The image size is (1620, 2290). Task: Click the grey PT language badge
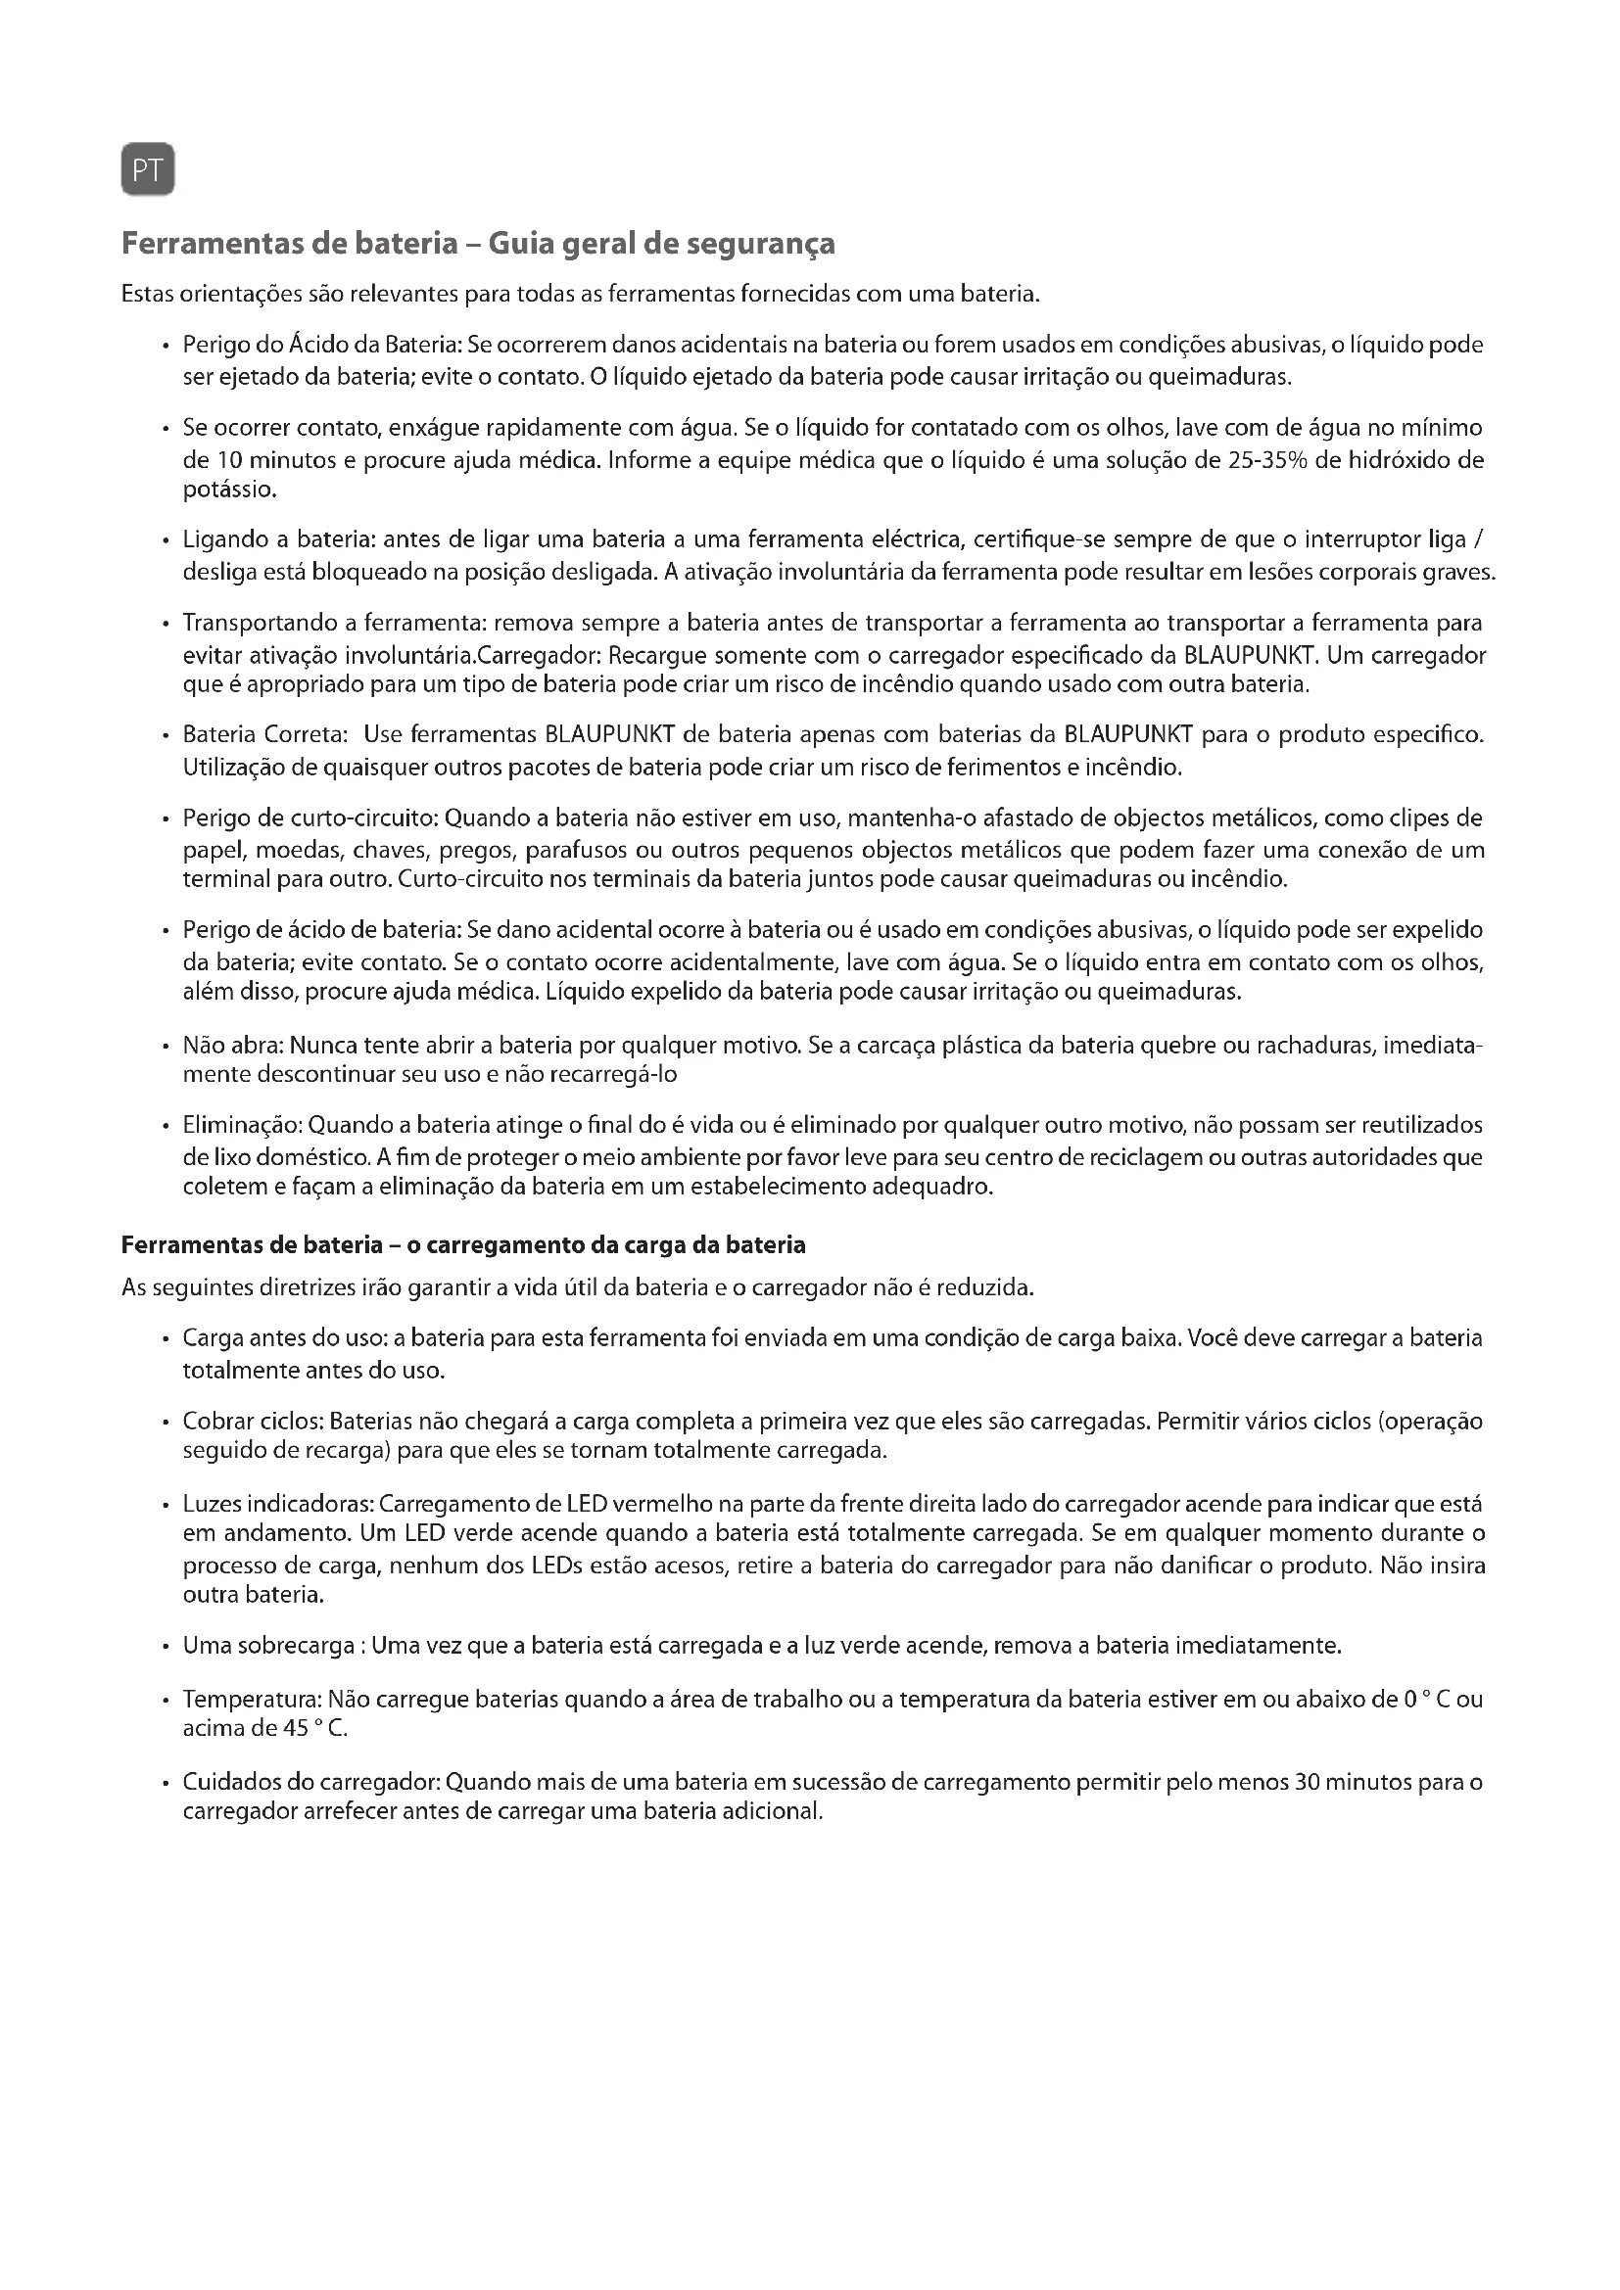[x=148, y=170]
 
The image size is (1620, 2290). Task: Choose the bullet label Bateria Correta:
[x=264, y=735]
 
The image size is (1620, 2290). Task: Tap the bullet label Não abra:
[x=235, y=1047]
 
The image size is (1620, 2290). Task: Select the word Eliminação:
[x=242, y=1125]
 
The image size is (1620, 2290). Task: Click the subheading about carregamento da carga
[x=463, y=1244]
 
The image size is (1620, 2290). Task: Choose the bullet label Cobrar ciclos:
[x=254, y=1421]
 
